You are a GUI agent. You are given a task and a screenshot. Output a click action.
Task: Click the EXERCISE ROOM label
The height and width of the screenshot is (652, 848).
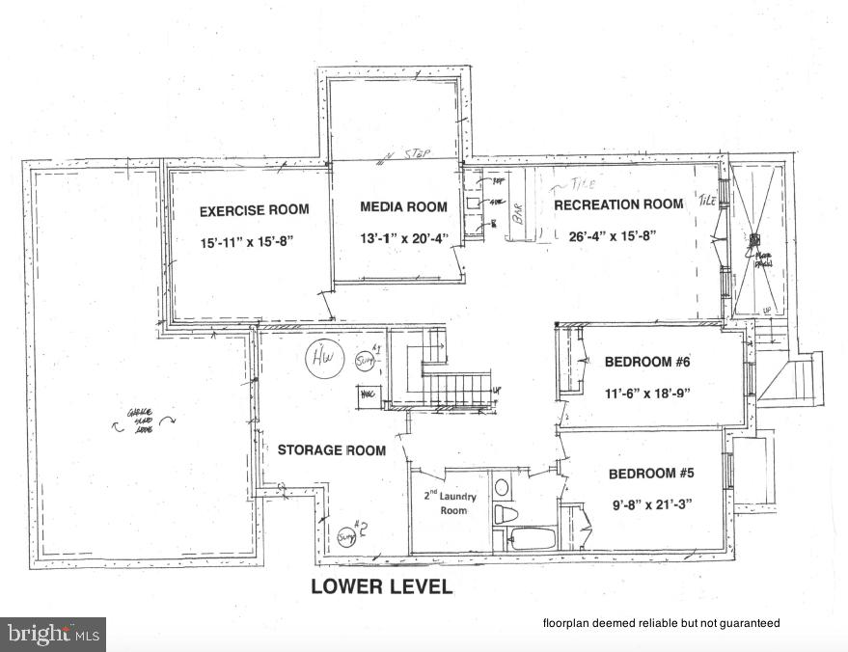click(254, 210)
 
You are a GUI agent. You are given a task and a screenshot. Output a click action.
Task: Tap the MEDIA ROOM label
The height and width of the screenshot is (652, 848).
click(403, 206)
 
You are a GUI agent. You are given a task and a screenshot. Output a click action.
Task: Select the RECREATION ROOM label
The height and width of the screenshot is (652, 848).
click(618, 204)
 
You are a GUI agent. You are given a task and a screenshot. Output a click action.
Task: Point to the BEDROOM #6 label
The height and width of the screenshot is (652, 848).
click(647, 363)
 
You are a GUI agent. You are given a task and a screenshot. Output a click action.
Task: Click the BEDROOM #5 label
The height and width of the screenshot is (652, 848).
click(651, 474)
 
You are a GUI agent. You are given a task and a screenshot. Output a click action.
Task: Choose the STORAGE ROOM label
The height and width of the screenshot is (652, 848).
click(331, 450)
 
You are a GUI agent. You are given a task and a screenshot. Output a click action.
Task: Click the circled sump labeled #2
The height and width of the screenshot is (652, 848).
click(348, 532)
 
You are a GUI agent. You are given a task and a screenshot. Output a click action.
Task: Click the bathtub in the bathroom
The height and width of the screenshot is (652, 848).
click(532, 538)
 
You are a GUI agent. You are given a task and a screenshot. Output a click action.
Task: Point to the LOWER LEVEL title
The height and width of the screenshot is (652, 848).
click(381, 586)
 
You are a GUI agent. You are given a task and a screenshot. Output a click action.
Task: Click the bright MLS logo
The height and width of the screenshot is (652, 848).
click(53, 634)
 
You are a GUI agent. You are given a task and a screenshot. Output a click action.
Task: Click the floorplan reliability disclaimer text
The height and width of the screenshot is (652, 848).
click(661, 623)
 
